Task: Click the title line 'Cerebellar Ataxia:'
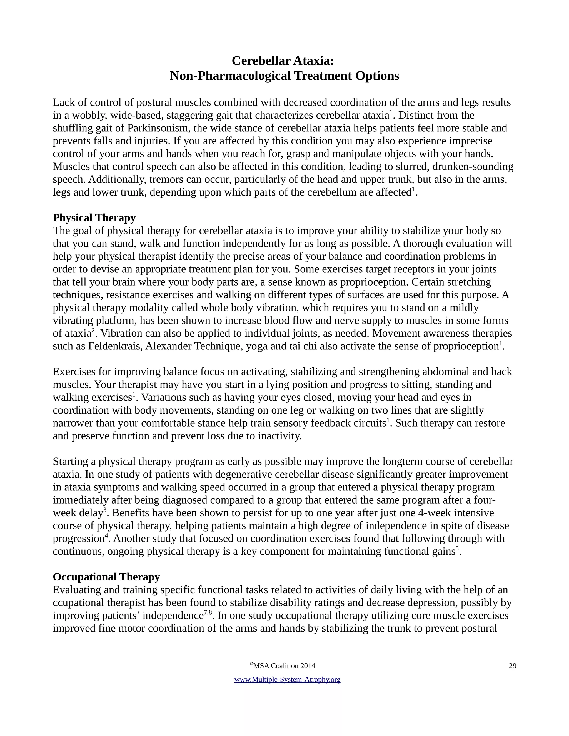(283, 61)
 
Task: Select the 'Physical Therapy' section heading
(94, 218)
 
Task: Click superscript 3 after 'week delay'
(105, 510)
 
